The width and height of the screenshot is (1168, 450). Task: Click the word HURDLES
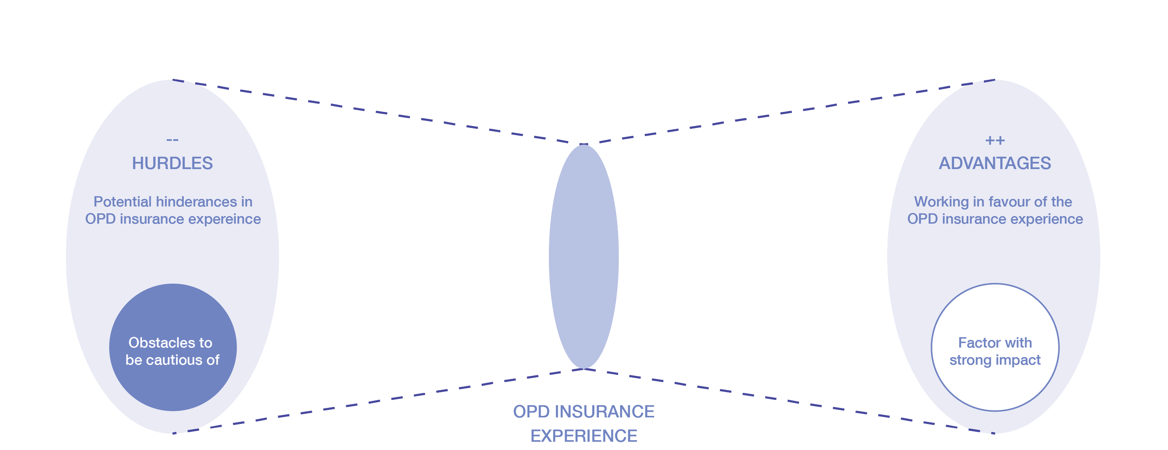172,163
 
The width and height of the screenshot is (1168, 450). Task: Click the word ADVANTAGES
995,163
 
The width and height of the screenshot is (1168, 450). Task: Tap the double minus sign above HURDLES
172,140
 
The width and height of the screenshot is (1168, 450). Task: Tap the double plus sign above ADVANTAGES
995,140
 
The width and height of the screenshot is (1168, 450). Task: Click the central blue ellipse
584,257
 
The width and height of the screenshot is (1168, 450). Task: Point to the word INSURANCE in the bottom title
605,412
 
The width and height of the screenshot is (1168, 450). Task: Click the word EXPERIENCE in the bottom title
584,436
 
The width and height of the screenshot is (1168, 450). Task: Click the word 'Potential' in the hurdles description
123,202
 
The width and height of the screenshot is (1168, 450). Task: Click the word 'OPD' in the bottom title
531,412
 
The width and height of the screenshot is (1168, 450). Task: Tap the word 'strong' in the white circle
969,360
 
